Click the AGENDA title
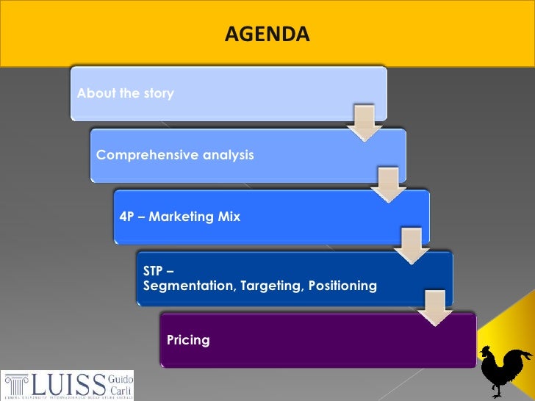[x=267, y=34]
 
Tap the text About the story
[x=126, y=94]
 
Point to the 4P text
[x=128, y=217]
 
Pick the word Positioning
[x=342, y=285]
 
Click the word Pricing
[x=188, y=340]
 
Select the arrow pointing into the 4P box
[x=388, y=184]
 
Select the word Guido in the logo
[x=121, y=377]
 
